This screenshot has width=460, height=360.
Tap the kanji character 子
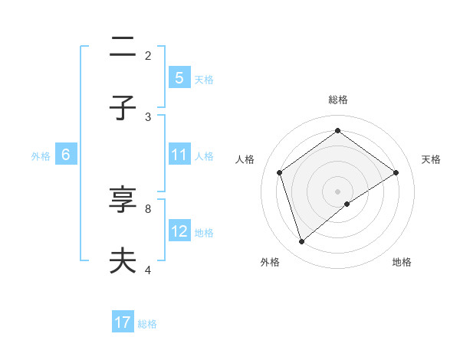click(x=123, y=108)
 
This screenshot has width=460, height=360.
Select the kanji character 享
click(x=123, y=201)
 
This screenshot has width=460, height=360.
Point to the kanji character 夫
click(x=123, y=260)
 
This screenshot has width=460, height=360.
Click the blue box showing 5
click(x=179, y=78)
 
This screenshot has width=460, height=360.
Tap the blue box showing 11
click(x=179, y=155)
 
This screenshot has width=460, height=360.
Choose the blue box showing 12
click(x=179, y=231)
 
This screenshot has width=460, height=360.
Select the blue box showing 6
click(x=66, y=155)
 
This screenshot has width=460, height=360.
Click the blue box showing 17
click(x=123, y=322)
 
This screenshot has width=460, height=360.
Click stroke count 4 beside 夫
click(x=148, y=269)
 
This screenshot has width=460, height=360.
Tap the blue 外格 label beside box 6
click(x=41, y=155)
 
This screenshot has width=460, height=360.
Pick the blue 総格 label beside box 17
click(x=147, y=323)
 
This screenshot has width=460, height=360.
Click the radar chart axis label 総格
click(x=338, y=100)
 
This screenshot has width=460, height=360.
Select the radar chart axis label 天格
click(x=431, y=159)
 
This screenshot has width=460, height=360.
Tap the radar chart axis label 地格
click(x=402, y=263)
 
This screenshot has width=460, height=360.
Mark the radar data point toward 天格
click(x=396, y=172)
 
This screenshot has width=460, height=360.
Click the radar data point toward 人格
click(x=280, y=172)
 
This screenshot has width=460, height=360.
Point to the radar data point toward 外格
click(x=302, y=241)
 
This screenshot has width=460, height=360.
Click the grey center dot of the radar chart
click(x=338, y=191)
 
